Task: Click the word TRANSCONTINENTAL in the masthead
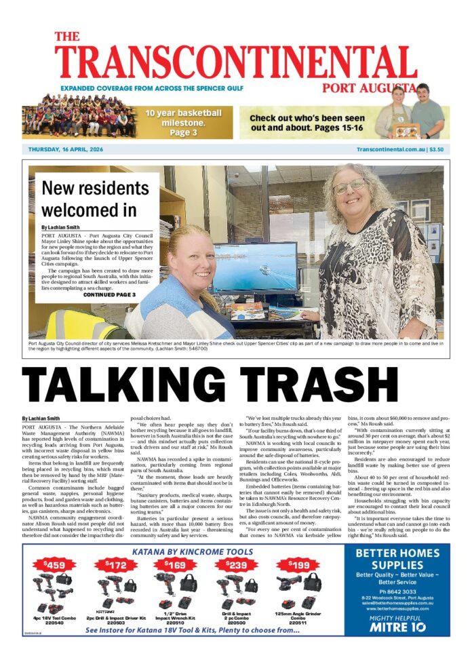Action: (x=235, y=62)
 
